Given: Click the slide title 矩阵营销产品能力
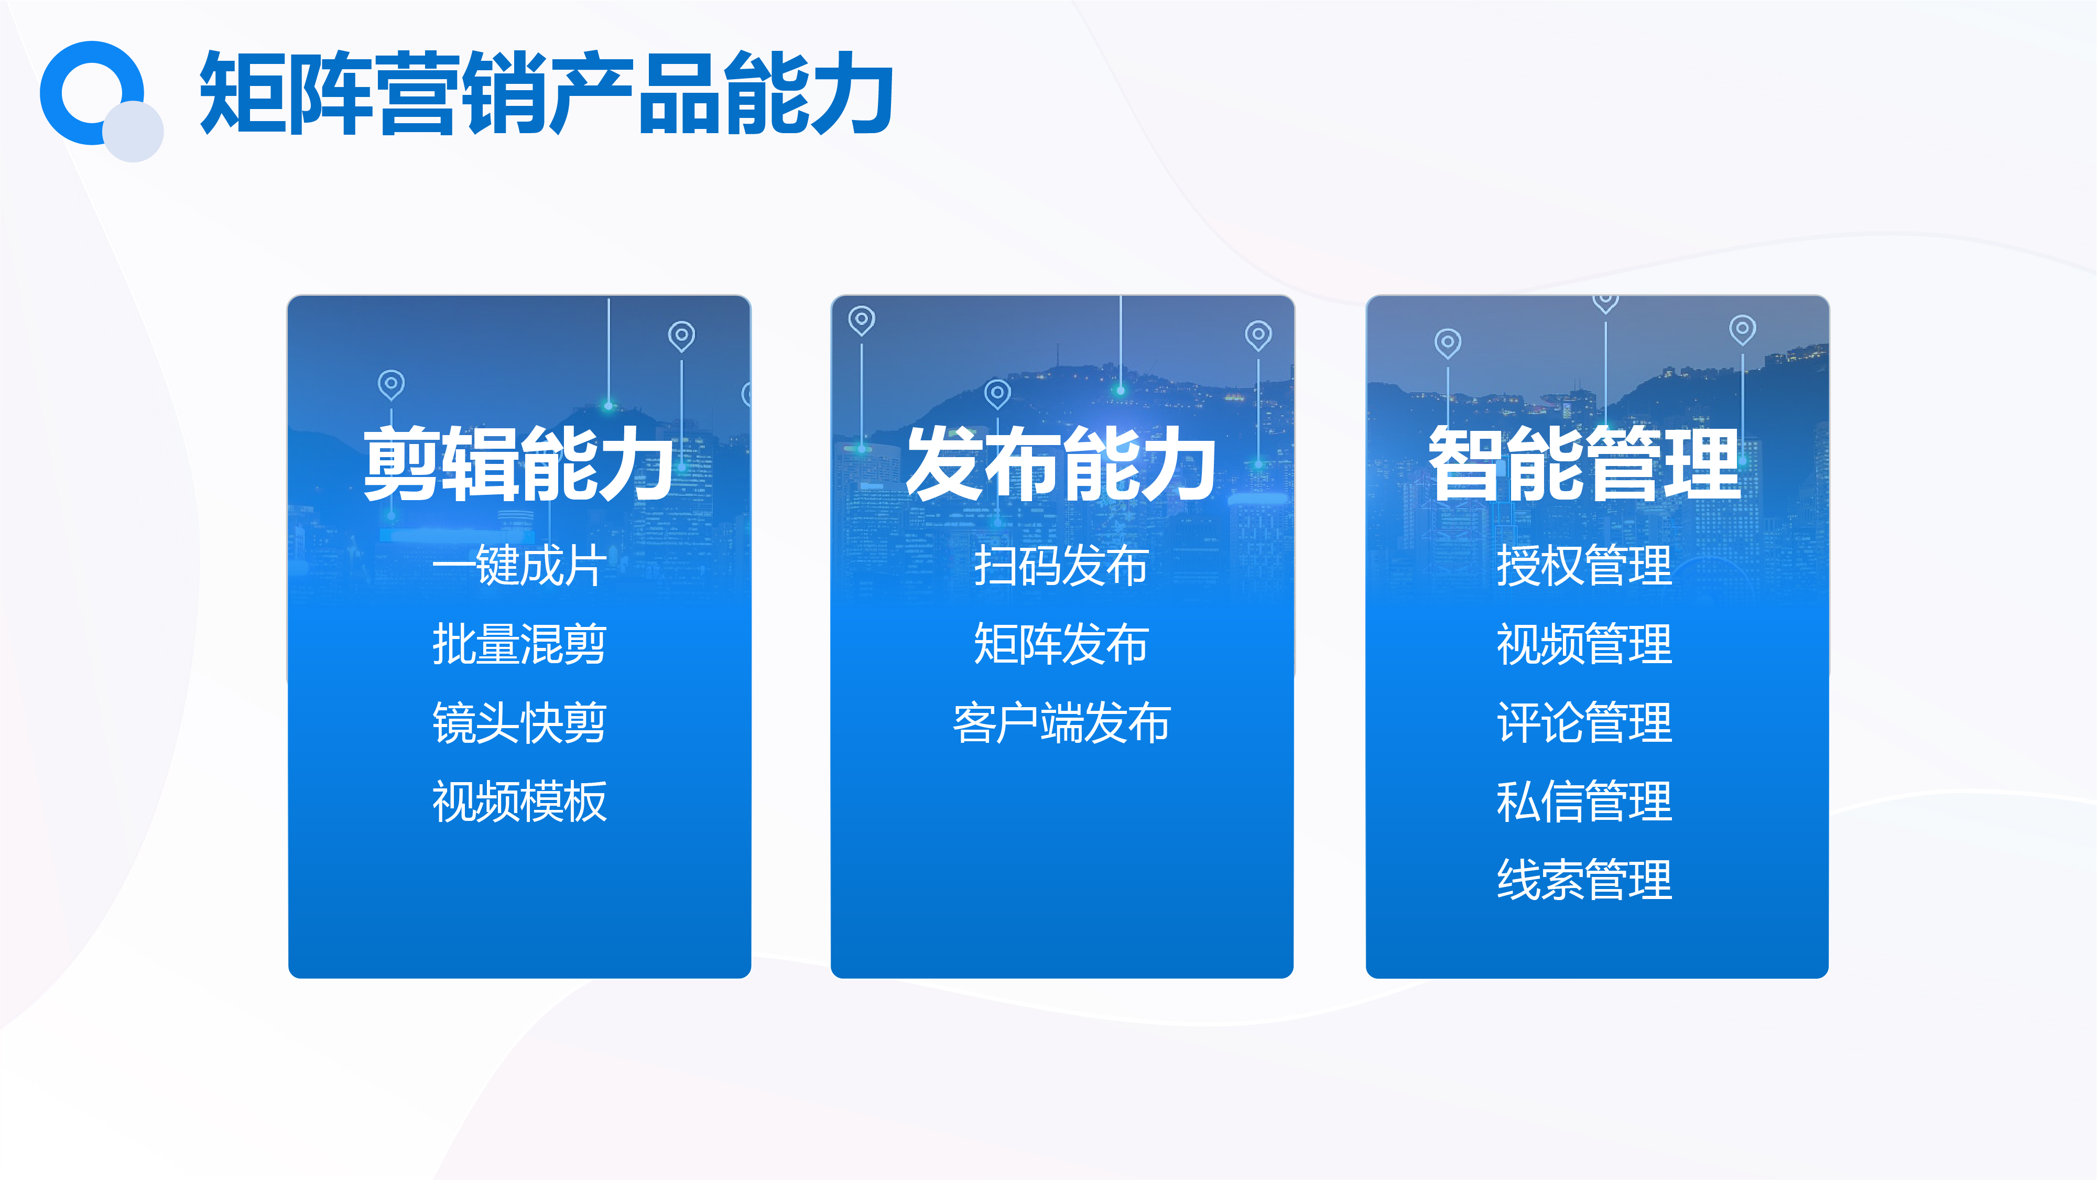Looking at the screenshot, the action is click(x=546, y=92).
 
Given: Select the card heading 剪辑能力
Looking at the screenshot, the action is click(x=518, y=463).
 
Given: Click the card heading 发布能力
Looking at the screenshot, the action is click(x=1061, y=463).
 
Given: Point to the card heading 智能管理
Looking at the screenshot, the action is click(x=1584, y=463).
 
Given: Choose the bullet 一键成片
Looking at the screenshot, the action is click(x=519, y=565).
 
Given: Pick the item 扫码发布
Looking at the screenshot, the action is click(x=1061, y=565).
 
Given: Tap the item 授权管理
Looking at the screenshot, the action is click(x=1584, y=565).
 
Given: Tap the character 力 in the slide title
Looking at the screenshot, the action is click(x=852, y=93).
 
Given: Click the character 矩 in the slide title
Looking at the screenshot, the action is click(x=241, y=93).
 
